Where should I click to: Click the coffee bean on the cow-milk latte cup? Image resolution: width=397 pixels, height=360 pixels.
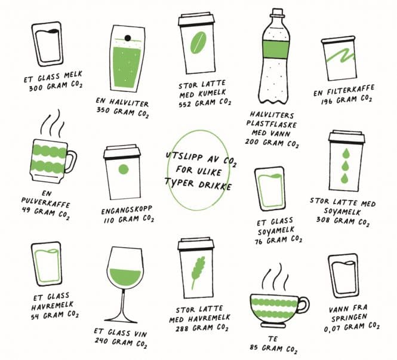(x=198, y=43)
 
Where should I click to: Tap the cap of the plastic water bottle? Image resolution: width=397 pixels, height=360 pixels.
(x=277, y=13)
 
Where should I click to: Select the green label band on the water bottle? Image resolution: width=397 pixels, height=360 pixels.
(x=276, y=49)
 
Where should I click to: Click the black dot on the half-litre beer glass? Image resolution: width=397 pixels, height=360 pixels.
(x=128, y=38)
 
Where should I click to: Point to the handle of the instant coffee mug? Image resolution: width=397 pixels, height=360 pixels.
(x=71, y=162)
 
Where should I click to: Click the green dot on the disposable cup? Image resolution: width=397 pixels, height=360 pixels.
(x=124, y=170)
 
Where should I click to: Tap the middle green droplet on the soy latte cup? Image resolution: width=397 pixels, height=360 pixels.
(x=344, y=166)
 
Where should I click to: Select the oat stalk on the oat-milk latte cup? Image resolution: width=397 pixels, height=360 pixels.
(x=198, y=272)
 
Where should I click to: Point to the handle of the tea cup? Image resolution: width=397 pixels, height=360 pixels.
(x=304, y=304)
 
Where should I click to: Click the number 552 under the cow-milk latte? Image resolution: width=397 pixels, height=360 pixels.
(x=185, y=104)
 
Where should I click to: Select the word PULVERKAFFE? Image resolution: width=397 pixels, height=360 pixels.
(x=45, y=202)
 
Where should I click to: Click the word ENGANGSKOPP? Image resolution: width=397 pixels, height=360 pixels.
(x=127, y=210)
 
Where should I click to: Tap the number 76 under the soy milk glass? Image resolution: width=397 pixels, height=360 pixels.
(x=258, y=242)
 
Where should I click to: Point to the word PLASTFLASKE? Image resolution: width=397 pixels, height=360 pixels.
(x=272, y=124)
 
